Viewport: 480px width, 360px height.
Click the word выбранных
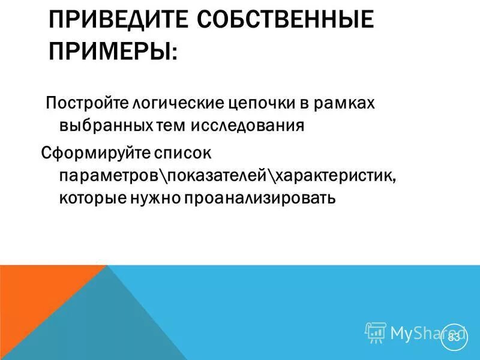click(108, 127)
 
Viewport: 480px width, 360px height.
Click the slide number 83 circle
click(454, 338)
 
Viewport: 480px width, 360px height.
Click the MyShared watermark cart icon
click(376, 332)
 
